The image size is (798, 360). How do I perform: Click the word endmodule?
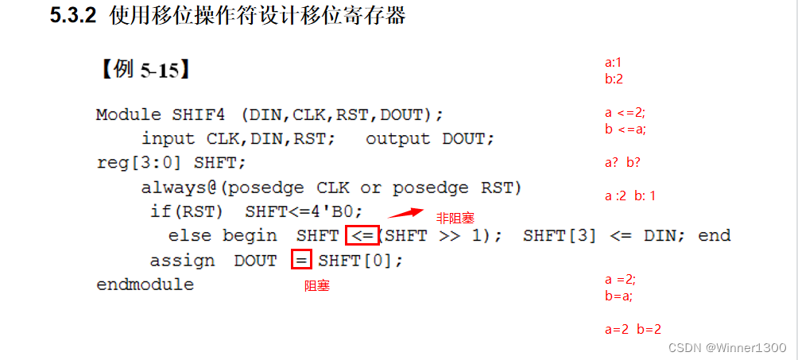(x=145, y=285)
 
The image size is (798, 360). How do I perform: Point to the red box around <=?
(x=362, y=235)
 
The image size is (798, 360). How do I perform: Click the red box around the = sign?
(x=300, y=260)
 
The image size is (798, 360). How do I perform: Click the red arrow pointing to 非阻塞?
(x=406, y=212)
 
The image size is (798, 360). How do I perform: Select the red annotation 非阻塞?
(x=455, y=218)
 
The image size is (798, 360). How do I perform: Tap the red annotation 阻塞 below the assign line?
(x=317, y=286)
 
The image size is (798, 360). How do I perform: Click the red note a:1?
(x=613, y=63)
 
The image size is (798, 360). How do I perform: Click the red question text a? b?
(x=622, y=163)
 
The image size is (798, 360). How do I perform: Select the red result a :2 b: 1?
(x=629, y=195)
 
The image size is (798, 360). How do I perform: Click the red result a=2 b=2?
(x=633, y=329)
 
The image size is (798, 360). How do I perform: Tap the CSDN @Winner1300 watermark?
(x=727, y=348)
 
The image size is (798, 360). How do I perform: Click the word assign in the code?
(x=182, y=261)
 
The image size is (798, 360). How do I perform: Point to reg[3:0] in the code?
(x=141, y=163)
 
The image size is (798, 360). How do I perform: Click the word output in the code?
(x=397, y=139)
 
